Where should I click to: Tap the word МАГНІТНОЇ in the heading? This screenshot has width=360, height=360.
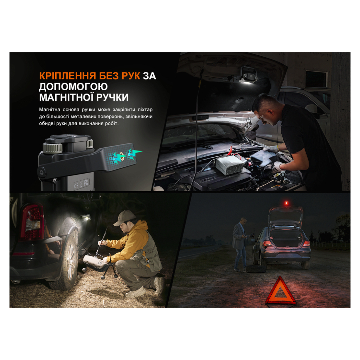[x=66, y=97]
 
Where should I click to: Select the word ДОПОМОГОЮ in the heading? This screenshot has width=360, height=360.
[x=73, y=86]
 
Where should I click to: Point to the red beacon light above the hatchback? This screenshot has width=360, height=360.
[x=286, y=203]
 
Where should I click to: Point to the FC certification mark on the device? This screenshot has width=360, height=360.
[x=86, y=182]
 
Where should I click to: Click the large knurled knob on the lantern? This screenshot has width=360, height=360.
[x=53, y=148]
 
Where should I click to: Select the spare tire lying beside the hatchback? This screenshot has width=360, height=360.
[x=256, y=269]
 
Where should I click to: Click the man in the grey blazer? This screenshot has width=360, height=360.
[x=240, y=244]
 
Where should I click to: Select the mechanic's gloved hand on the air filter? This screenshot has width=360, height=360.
[x=271, y=149]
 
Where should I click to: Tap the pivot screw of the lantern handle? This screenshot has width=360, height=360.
[x=42, y=172]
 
